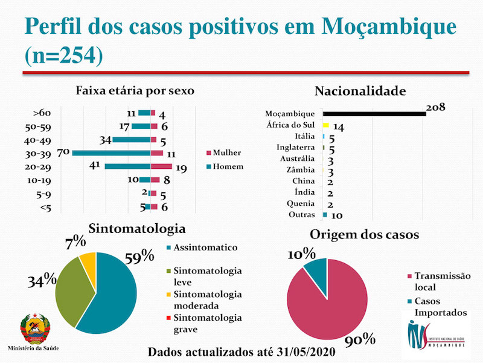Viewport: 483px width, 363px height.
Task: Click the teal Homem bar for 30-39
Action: coord(111,152)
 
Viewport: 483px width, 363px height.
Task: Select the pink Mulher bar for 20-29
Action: coord(161,166)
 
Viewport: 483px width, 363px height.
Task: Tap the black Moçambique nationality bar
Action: coord(374,113)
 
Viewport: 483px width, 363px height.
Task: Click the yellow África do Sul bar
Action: coord(325,125)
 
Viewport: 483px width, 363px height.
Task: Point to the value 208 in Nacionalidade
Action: coord(435,107)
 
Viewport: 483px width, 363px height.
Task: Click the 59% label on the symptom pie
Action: coord(140,257)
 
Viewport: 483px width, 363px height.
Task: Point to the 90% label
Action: coord(360,339)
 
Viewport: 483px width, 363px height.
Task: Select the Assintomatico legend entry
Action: coord(205,247)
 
